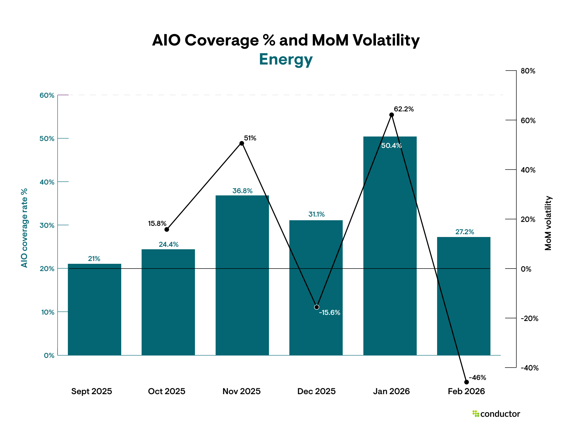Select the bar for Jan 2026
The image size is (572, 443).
390,246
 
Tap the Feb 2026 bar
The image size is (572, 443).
464,296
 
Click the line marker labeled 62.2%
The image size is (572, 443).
392,115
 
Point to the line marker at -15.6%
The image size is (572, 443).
317,307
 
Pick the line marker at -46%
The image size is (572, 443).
466,382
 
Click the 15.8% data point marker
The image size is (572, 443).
167,229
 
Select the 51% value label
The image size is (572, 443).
250,138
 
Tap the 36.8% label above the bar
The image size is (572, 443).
242,191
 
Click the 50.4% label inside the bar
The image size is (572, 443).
391,146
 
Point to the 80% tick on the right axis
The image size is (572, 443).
528,71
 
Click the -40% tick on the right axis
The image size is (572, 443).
529,368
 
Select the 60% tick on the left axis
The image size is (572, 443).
47,95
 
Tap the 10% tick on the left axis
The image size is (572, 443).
48,312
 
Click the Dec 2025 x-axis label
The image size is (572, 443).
316,391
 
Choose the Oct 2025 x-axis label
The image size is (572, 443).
167,391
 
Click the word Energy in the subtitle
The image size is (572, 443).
286,59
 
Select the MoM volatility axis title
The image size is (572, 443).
548,223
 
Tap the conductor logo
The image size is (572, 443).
496,414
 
